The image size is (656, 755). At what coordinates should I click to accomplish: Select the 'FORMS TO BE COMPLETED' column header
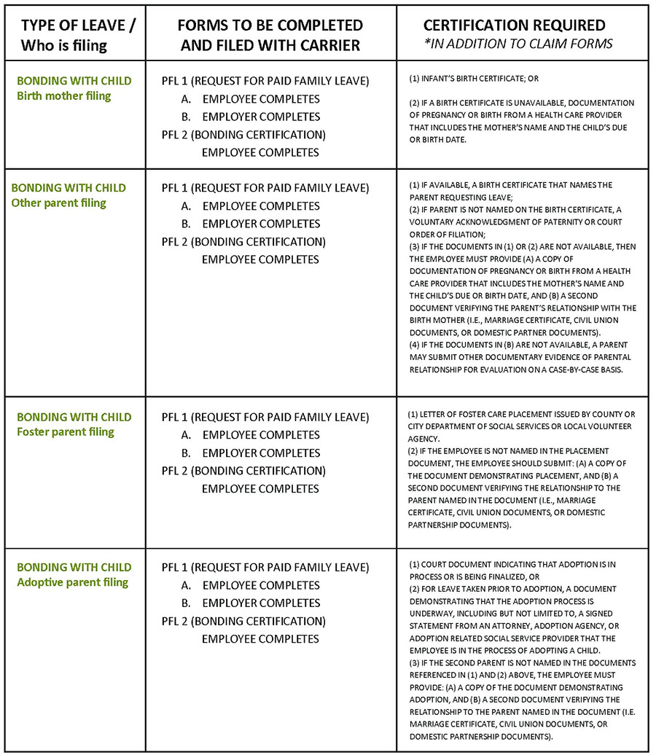coord(270,26)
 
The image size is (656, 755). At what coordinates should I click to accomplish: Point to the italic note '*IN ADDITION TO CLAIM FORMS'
coord(519,44)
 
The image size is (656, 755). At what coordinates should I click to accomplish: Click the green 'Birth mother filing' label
coord(63,96)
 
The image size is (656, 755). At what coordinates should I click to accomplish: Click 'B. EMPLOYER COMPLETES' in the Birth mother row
coord(251,117)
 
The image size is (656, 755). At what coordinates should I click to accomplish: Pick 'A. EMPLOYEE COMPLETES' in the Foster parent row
coord(251,435)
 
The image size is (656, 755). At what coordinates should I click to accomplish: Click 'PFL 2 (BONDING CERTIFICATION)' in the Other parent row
coord(243,241)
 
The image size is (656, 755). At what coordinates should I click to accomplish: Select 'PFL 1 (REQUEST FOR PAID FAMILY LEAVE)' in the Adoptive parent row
coord(265,567)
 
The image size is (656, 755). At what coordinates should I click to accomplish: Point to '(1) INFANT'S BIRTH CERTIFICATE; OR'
coord(474,78)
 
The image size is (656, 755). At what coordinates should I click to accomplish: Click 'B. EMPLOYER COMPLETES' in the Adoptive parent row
coord(251,603)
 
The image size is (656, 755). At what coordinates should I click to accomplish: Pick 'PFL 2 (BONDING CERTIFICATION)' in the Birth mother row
coord(243,135)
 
